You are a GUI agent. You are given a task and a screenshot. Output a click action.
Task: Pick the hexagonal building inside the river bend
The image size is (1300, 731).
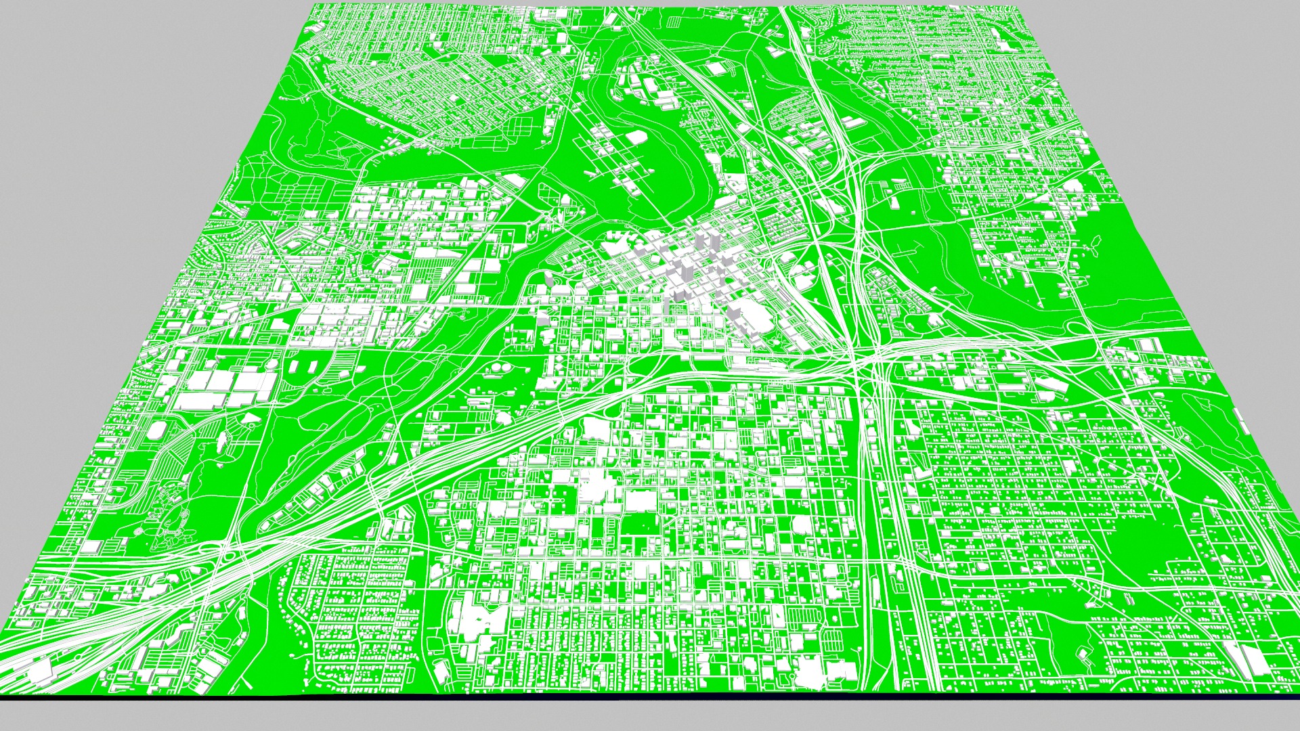click(636, 137)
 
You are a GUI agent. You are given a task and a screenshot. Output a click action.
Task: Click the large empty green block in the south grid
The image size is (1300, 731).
click(643, 525)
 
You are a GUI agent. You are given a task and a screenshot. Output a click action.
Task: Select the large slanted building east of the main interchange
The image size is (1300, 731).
click(1050, 386)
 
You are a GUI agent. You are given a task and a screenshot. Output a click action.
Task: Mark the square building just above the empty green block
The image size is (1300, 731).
click(640, 501)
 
